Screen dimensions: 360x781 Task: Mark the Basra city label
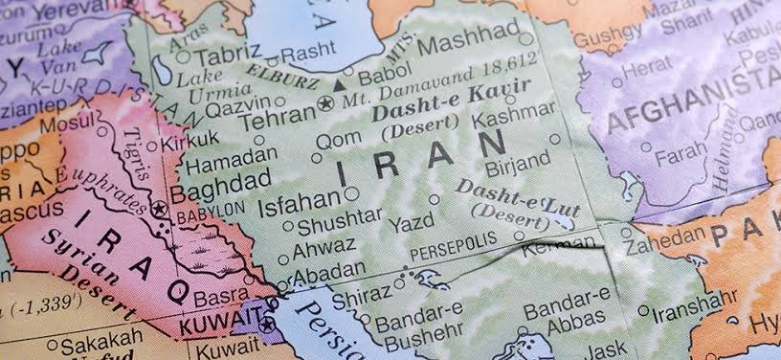220,297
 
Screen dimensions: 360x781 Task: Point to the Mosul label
73,124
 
